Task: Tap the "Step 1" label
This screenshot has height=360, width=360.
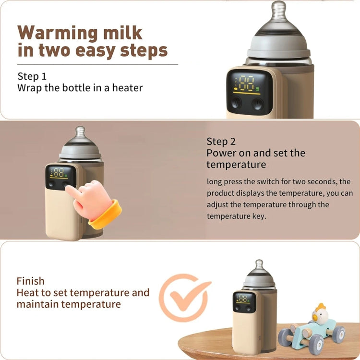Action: click(32, 76)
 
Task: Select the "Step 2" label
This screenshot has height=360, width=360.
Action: click(221, 142)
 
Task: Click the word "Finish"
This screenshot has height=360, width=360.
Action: click(31, 281)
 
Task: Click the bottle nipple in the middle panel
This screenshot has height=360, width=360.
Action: click(80, 134)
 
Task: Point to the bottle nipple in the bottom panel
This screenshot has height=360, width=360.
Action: click(260, 267)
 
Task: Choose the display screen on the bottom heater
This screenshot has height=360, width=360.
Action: click(243, 300)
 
